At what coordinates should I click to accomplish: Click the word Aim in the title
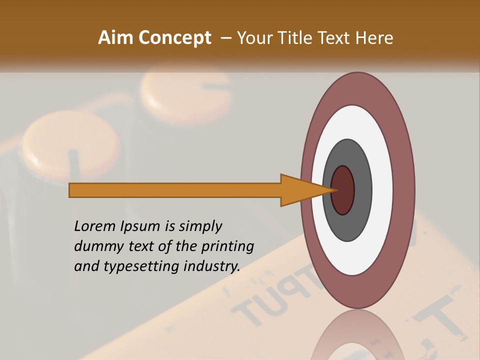click(x=115, y=38)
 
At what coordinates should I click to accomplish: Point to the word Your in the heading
click(x=254, y=38)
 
